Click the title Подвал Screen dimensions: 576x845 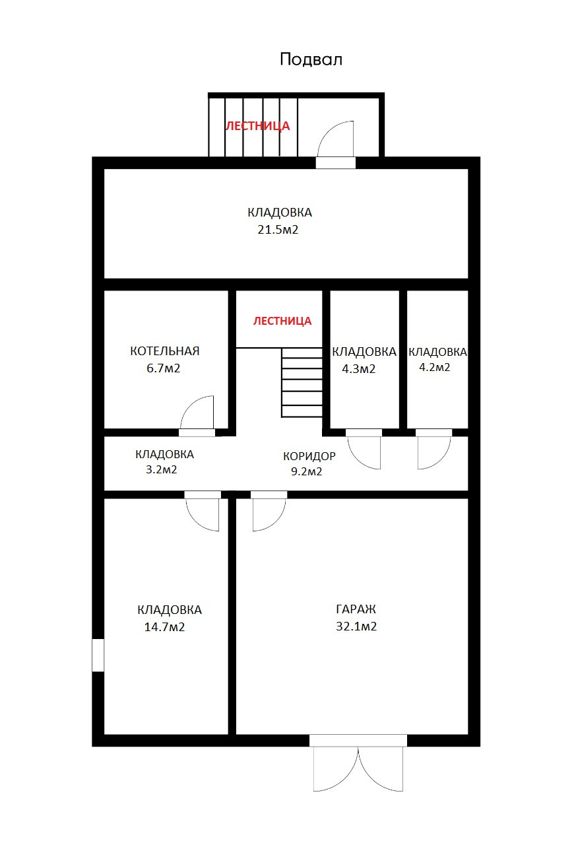pos(311,59)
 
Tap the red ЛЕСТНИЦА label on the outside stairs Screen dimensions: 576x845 pos(258,125)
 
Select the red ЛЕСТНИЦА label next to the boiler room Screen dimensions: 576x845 pos(282,321)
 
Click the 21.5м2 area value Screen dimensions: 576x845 pos(278,229)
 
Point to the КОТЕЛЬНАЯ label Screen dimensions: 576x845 pos(165,351)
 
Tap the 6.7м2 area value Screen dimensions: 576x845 pos(163,368)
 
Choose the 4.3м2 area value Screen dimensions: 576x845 pos(358,369)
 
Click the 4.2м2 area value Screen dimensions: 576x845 pos(435,367)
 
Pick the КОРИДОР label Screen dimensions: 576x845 pos(309,456)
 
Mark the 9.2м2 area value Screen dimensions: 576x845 pos(306,471)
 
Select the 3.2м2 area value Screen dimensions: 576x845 pos(162,469)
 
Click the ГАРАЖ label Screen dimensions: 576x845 pos(356,609)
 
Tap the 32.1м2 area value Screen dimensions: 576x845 pos(356,626)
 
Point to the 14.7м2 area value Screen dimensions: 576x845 pos(164,627)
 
